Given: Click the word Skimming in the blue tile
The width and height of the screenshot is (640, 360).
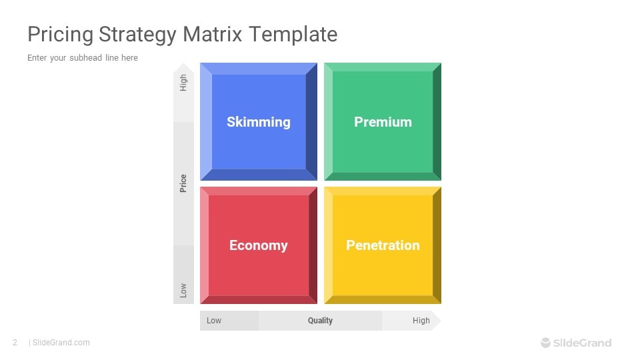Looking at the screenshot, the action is [259, 122].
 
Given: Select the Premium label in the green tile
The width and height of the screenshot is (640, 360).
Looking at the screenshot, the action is [383, 122].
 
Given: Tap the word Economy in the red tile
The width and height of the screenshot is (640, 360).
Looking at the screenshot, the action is [259, 245].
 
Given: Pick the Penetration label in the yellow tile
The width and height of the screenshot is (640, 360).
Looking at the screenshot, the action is [383, 245].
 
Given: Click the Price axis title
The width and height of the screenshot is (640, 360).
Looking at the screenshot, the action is [183, 183].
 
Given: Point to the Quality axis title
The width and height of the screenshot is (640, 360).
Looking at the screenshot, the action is [321, 321].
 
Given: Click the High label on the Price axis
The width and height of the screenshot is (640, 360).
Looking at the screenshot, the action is [183, 83].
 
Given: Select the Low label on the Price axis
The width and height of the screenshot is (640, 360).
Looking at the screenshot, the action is [183, 290].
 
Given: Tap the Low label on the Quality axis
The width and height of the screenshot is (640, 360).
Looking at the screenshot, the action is [214, 321].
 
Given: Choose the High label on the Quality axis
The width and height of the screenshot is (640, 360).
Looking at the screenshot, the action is [421, 321].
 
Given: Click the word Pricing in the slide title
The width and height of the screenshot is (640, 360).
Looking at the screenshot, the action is [61, 35].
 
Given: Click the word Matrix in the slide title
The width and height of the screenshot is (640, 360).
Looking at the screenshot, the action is [212, 34].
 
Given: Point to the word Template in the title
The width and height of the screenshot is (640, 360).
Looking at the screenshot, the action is [293, 35].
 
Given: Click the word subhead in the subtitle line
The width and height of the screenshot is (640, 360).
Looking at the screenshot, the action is [86, 57].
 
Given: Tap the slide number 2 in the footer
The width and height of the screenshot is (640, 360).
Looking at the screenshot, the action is [15, 343].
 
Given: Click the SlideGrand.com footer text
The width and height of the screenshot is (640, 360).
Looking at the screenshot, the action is [61, 343].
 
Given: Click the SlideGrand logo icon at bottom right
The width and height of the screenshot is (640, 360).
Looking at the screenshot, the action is [546, 343].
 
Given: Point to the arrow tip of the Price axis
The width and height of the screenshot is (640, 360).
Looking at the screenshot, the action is [184, 63].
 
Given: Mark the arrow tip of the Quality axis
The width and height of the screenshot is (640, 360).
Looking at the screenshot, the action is [441, 321].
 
